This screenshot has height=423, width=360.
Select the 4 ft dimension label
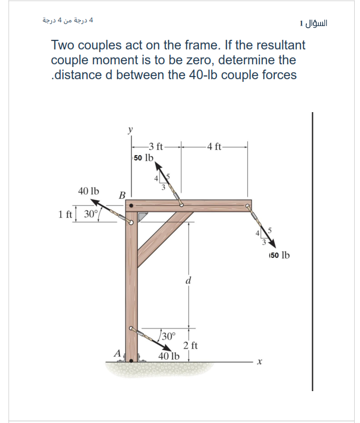pos(215,147)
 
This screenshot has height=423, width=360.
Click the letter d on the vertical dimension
pos(188,280)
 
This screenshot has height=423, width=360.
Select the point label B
pos(122,195)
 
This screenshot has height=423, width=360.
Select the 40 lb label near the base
pos(169,356)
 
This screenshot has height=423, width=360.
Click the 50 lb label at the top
pos(144,158)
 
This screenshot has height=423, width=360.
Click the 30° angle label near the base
pos(168,336)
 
